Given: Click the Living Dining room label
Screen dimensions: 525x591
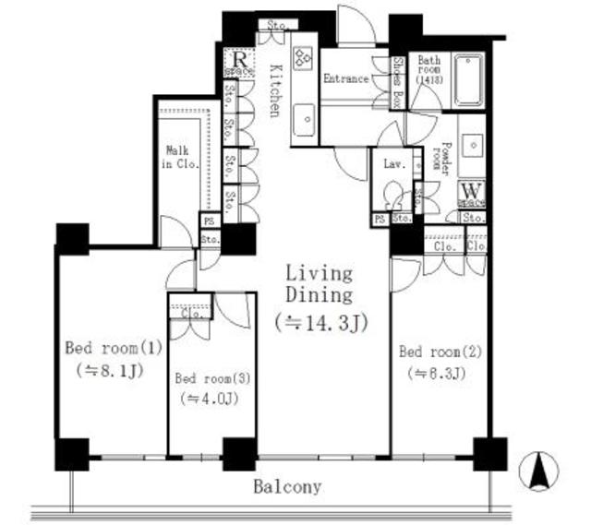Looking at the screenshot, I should (318, 284).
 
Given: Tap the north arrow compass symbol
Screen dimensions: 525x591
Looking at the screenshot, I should (538, 471).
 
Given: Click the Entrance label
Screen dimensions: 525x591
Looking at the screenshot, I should (346, 79).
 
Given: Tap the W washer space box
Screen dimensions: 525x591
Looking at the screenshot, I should (472, 193).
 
